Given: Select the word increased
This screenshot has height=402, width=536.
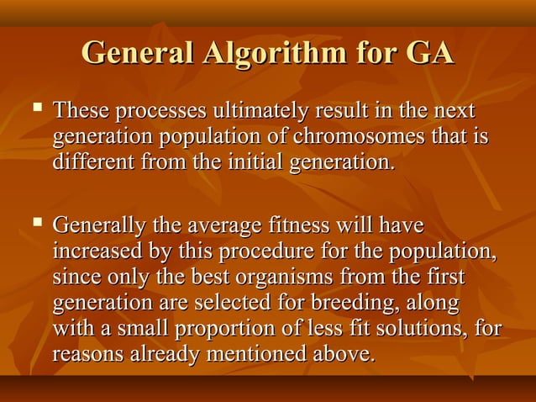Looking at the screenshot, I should (x=93, y=251).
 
